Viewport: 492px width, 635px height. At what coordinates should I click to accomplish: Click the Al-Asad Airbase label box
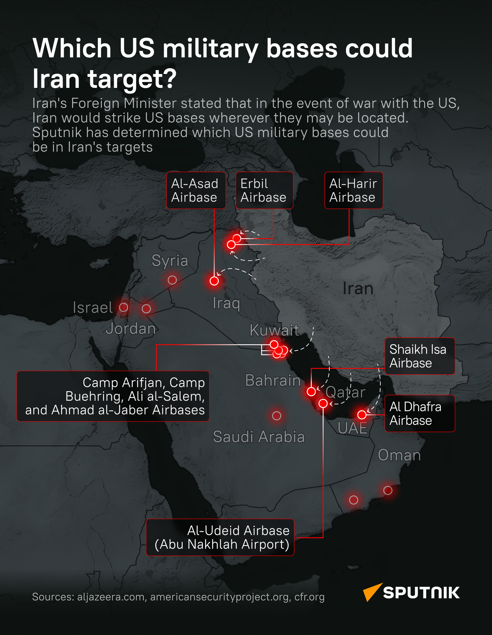pyautogui.click(x=196, y=190)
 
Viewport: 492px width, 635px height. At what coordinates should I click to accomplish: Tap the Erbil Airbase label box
pyautogui.click(x=264, y=190)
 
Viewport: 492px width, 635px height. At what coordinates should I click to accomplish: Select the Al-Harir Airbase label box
pyautogui.click(x=354, y=190)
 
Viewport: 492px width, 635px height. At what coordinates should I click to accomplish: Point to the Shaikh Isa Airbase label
pyautogui.click(x=419, y=356)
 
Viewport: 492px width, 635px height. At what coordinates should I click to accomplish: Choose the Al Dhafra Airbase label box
pyautogui.click(x=419, y=413)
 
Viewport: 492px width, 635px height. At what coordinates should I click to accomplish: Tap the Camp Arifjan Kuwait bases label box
pyautogui.click(x=113, y=396)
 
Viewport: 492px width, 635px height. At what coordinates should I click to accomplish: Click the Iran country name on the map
pyautogui.click(x=358, y=288)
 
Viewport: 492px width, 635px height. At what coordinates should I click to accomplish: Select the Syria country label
pyautogui.click(x=170, y=261)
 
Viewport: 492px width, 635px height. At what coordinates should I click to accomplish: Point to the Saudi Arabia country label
pyautogui.click(x=259, y=437)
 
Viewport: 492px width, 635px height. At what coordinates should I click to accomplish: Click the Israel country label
pyautogui.click(x=93, y=308)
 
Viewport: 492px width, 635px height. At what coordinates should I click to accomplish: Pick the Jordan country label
pyautogui.click(x=131, y=329)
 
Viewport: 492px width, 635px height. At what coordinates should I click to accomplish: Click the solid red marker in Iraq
pyautogui.click(x=214, y=281)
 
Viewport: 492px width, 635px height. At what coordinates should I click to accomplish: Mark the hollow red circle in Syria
pyautogui.click(x=172, y=280)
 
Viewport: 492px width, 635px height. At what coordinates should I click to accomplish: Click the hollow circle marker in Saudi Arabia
pyautogui.click(x=276, y=415)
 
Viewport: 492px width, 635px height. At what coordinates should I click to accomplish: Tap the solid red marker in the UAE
pyautogui.click(x=362, y=415)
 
